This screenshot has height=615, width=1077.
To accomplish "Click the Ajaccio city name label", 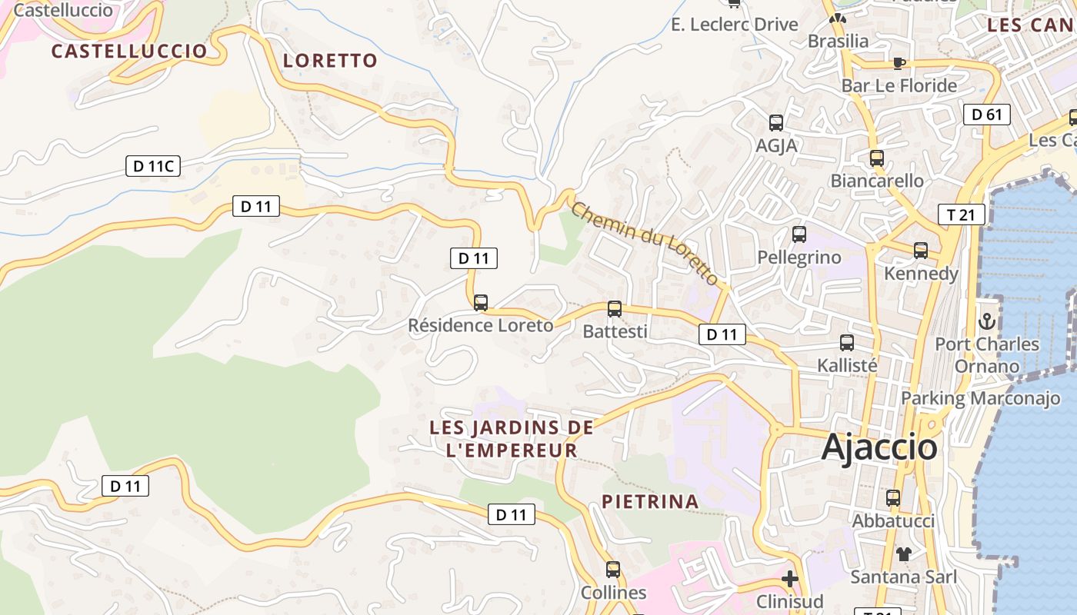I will pos(879,447).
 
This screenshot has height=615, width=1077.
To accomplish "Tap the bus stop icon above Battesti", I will pos(615,309).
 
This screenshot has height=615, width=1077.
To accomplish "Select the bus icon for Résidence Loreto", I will pos(481,303).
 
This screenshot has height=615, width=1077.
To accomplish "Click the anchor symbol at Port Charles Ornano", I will pos(986,321).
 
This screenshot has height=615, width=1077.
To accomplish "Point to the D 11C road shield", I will pos(153,165).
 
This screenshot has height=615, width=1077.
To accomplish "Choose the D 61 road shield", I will pos(986,115).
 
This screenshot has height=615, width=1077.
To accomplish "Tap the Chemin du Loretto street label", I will pos(645,243).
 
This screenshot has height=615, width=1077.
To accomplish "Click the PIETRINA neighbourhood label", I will pos(650,502).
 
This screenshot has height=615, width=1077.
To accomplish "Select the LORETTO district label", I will pos(331,61).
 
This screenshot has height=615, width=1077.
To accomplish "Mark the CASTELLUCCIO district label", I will pos(129,52).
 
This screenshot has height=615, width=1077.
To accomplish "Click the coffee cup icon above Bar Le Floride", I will pos(899,63).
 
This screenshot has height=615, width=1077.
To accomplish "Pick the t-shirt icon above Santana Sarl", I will pos(903,553).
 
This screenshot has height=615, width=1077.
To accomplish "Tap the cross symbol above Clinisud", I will pos(790,579).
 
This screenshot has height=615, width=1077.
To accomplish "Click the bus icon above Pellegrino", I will pos(799,234).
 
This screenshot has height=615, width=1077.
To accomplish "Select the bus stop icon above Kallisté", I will pos(847,343).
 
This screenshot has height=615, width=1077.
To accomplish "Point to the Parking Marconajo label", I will pos(980,398).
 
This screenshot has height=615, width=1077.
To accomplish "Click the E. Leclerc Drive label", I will pos(735,25).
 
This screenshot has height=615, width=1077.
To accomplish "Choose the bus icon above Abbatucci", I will pos(893,498).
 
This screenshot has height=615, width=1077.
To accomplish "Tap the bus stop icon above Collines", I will pos(613,570).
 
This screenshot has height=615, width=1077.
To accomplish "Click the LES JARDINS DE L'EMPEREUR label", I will pos(512,439).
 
